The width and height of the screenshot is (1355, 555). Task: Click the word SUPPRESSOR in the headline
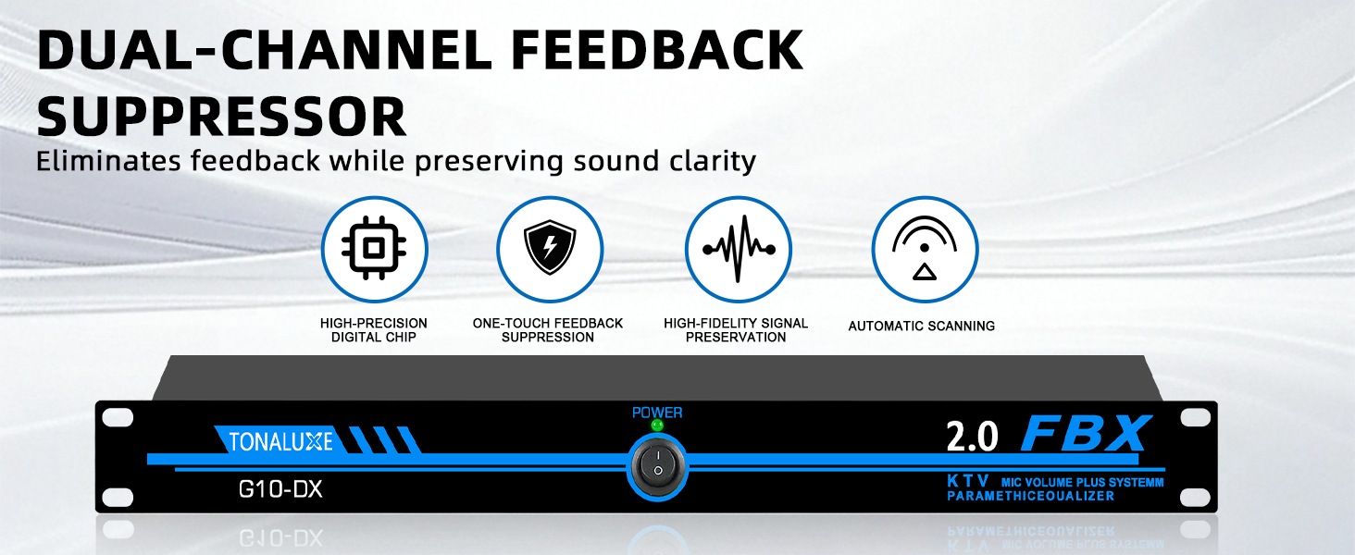tap(221, 116)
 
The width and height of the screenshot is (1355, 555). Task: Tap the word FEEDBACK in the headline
tap(657, 50)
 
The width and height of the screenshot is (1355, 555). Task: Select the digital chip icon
tap(374, 249)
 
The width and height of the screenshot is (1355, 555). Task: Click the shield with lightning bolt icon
tap(549, 247)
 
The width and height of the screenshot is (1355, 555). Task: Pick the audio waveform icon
tap(738, 249)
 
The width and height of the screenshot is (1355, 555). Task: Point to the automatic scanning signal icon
tap(925, 248)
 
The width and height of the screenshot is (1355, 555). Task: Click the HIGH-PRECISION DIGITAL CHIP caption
tap(373, 330)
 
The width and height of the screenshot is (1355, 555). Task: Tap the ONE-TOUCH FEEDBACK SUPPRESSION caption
tap(547, 330)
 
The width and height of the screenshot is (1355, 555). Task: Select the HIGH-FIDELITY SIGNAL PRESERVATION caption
tap(736, 330)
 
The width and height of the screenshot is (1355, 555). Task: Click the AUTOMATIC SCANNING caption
tap(921, 326)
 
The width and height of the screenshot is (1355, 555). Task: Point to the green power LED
tap(657, 425)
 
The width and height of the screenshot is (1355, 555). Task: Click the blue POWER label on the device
tap(657, 413)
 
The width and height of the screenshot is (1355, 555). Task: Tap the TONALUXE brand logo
tap(280, 441)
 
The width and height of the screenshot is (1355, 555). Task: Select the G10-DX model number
tap(280, 489)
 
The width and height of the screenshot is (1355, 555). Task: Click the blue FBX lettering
tap(1086, 434)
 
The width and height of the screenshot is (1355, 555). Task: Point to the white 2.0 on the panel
tap(972, 437)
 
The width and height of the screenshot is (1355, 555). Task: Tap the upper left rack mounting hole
tap(118, 417)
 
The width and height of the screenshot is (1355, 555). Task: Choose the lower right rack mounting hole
tap(1195, 497)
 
